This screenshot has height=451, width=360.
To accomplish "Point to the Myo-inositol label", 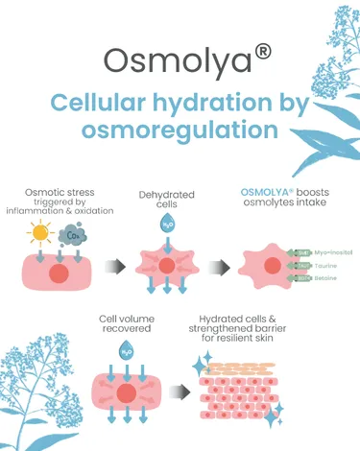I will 332,251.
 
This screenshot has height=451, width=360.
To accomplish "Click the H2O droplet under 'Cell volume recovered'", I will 125,353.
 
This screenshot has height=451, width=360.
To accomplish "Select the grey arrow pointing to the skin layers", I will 177,391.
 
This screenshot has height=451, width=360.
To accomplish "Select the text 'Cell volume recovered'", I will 127,323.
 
